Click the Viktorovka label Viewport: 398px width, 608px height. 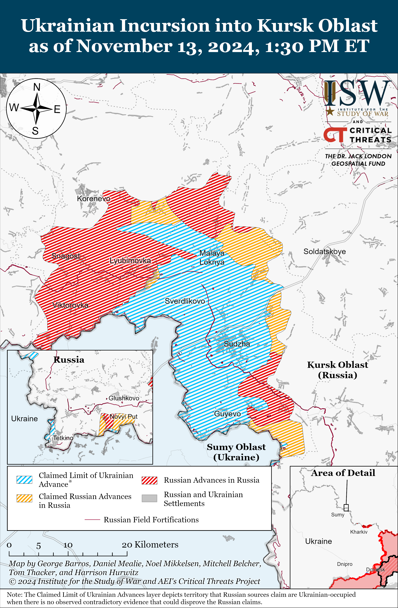(70, 305)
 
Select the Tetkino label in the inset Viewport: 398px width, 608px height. (63, 438)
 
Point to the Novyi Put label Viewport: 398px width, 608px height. (124, 417)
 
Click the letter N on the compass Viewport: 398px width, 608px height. (37, 87)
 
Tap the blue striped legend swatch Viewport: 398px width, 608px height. (24, 480)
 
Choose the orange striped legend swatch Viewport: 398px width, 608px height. (24, 498)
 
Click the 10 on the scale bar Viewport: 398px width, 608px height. (68, 545)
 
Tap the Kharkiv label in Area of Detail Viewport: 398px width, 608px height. (359, 532)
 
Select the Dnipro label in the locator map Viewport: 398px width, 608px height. (344, 564)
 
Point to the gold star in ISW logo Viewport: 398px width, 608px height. (330, 111)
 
